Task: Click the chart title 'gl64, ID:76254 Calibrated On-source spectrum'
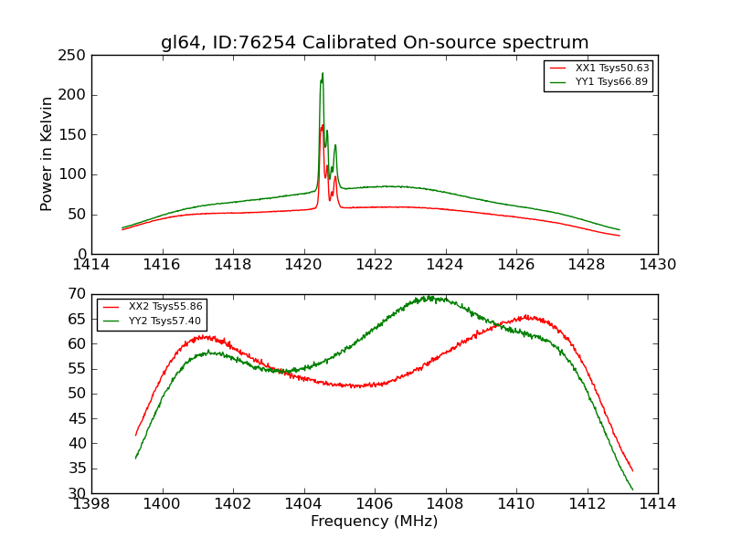375,43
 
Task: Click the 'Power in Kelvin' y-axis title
48,153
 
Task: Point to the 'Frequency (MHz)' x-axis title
375,522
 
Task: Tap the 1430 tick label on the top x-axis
657,265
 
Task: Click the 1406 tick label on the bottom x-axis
375,503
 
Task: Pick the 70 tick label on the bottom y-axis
77,294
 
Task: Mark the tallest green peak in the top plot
323,73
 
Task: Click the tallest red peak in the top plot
323,125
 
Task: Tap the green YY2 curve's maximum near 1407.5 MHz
428,297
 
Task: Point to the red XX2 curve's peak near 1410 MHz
527,317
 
